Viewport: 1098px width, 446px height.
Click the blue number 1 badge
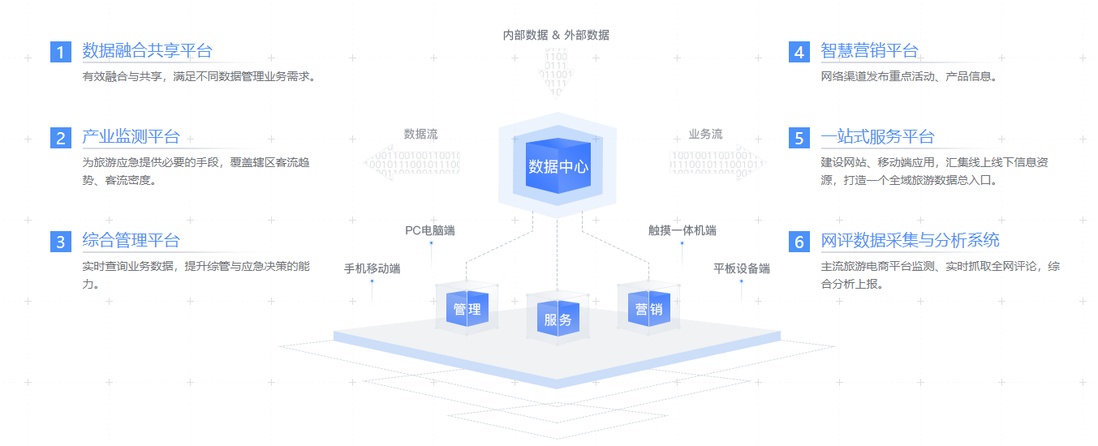click(61, 52)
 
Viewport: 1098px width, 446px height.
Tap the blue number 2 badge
click(61, 138)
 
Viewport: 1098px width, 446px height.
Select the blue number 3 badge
click(61, 242)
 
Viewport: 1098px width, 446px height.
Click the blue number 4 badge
click(799, 52)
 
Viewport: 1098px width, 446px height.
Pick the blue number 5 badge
click(799, 138)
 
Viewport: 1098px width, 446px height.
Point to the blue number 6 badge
click(799, 242)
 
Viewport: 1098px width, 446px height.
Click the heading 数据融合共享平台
click(147, 51)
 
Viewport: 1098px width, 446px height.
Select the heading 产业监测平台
click(131, 136)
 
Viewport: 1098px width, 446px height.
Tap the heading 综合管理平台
click(131, 240)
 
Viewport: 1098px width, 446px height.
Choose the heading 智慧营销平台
click(869, 51)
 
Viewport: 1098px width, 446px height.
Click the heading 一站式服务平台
click(877, 136)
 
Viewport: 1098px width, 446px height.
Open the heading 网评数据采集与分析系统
click(910, 240)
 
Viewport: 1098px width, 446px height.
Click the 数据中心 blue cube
click(558, 167)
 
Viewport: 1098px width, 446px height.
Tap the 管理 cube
click(467, 309)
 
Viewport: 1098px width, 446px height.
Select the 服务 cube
click(558, 319)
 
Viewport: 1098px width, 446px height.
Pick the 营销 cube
click(648, 309)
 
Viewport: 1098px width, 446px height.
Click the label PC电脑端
click(430, 230)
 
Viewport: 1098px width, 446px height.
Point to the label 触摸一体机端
click(682, 230)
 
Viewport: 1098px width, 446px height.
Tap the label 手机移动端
click(372, 268)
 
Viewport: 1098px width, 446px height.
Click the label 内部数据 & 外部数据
click(556, 35)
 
